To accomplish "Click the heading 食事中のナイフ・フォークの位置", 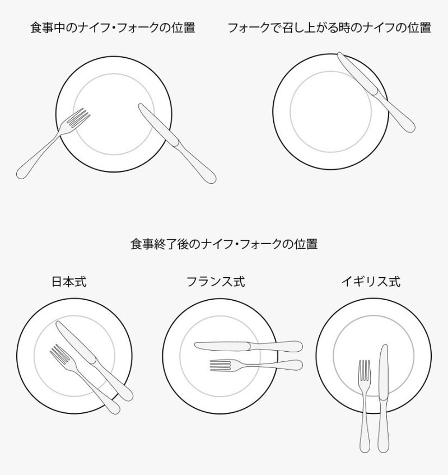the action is click(113, 27).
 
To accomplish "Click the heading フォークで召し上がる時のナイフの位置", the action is click(329, 27).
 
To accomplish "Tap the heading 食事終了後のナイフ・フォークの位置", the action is click(224, 244).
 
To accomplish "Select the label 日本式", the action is click(69, 282).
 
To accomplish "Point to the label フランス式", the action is click(216, 282).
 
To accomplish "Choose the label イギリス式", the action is click(371, 282).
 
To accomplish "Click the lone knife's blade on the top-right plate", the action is click(357, 73).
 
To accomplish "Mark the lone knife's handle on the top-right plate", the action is click(396, 112).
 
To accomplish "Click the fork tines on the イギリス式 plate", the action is click(364, 370).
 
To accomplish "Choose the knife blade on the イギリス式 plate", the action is click(384, 372).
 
